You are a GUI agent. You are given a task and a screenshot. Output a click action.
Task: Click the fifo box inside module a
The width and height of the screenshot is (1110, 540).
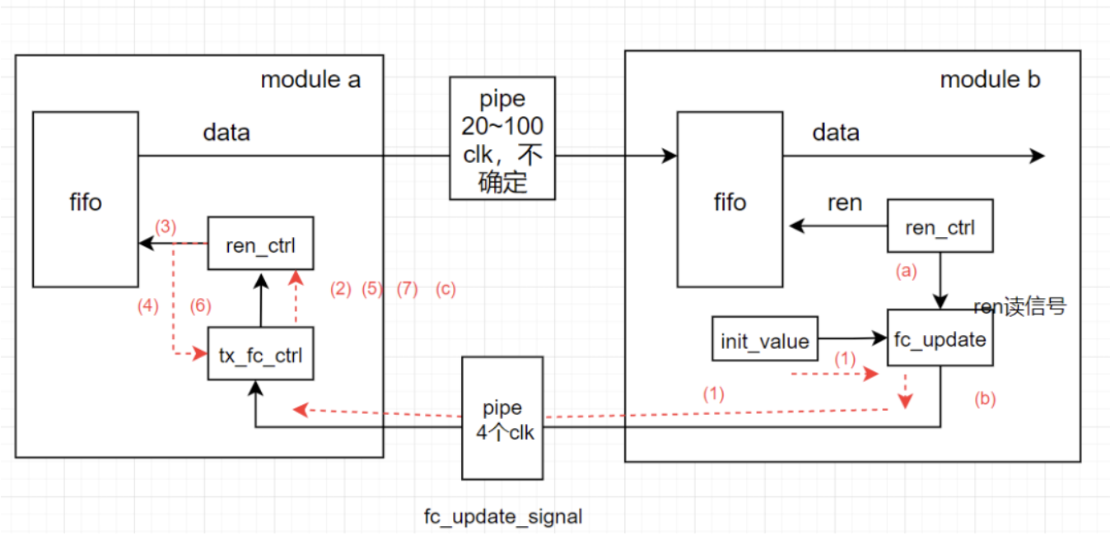coord(86,200)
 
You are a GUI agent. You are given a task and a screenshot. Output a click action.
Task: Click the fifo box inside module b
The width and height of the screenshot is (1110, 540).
coord(730,200)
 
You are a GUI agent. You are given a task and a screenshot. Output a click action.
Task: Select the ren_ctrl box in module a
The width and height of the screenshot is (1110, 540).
coord(260,243)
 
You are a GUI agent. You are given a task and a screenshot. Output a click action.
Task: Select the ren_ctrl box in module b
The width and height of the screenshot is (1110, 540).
coord(940,226)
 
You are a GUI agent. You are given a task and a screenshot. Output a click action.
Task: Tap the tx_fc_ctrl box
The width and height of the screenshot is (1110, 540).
coord(260,354)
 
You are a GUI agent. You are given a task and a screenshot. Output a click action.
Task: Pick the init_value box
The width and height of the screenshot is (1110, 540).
coord(765,339)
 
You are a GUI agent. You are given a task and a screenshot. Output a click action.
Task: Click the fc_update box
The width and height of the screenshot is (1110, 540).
coord(940,338)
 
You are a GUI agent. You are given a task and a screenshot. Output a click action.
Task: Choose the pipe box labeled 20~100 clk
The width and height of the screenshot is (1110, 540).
coord(502,138)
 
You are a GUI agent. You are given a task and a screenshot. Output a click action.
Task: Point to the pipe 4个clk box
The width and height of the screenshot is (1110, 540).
coord(502,417)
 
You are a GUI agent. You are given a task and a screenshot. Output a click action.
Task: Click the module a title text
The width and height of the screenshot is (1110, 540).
coord(310,80)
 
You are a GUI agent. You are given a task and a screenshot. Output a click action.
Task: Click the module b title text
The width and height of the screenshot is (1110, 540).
coord(990,80)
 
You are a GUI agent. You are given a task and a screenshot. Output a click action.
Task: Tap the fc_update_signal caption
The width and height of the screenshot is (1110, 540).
coord(503,517)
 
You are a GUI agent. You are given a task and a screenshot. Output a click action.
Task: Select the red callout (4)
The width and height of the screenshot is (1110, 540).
coord(148,306)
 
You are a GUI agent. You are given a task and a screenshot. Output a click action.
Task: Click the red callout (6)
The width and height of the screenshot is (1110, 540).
coord(201,306)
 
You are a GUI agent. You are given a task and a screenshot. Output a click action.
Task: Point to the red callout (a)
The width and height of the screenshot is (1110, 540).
coord(906,270)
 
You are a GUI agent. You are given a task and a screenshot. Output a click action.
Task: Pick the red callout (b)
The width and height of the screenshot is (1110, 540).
coord(985,399)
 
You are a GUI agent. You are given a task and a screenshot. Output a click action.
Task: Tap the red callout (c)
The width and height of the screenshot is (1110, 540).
coord(445,289)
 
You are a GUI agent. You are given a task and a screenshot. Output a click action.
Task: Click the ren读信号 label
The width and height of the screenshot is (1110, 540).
coord(1020,307)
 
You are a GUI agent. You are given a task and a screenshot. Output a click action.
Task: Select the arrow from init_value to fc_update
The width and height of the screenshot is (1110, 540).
coord(852,337)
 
